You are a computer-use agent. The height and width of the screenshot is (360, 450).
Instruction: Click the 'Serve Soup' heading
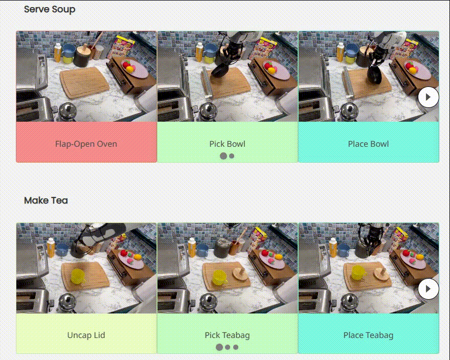(x=50, y=10)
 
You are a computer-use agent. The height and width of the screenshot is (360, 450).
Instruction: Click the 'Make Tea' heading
(x=46, y=200)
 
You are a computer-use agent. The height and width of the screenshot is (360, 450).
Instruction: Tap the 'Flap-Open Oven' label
(x=86, y=144)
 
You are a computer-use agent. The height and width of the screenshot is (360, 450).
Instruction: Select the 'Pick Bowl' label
(x=227, y=144)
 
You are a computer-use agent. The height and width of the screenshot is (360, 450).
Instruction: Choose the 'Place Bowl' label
(x=369, y=144)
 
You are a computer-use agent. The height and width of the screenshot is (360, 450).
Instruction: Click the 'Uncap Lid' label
(x=86, y=335)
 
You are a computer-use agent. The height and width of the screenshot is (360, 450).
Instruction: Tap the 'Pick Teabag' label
(x=227, y=335)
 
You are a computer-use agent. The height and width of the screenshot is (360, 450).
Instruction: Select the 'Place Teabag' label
(x=369, y=335)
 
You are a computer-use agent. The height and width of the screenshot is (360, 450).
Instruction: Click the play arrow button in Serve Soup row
(x=429, y=97)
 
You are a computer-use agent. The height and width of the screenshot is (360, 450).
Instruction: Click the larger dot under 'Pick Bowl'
(x=223, y=156)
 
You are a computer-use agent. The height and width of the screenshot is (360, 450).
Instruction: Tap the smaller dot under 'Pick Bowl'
(x=232, y=156)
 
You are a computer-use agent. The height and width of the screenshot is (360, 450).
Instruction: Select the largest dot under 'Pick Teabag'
(x=219, y=347)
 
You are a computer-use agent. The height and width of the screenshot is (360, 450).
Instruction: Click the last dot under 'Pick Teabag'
(x=236, y=347)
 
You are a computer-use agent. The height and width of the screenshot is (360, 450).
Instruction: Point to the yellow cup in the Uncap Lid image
(x=77, y=276)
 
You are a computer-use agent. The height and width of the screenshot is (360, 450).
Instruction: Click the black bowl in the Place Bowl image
(x=375, y=74)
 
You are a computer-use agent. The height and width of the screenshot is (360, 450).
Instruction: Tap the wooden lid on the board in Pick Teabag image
(x=240, y=275)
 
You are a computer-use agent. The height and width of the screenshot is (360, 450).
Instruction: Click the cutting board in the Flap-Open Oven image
(x=84, y=82)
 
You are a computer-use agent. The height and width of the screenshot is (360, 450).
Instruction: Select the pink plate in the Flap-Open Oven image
(x=135, y=69)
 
